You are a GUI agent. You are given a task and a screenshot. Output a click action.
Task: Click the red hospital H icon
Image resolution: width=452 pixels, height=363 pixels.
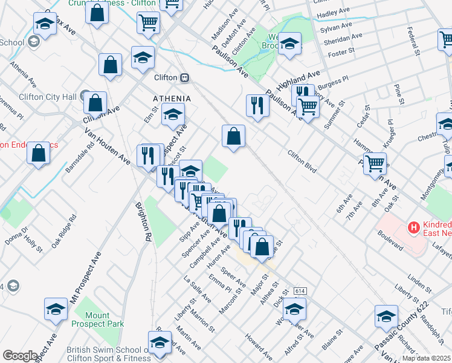click(414, 228)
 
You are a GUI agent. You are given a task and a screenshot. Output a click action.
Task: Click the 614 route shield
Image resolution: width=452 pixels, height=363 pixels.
click(300, 291)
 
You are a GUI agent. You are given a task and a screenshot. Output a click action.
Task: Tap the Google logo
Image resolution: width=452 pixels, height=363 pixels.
click(20, 355)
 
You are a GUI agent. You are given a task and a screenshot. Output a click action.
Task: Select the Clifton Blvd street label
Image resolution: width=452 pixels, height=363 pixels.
click(302, 162)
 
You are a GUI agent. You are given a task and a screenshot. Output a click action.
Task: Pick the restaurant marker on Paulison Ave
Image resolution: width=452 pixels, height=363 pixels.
click(257, 105)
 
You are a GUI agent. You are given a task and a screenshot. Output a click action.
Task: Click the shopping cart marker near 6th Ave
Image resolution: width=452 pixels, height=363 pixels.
click(375, 162)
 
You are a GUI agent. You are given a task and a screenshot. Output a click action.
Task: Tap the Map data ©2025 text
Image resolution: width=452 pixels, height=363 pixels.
click(426, 358)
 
